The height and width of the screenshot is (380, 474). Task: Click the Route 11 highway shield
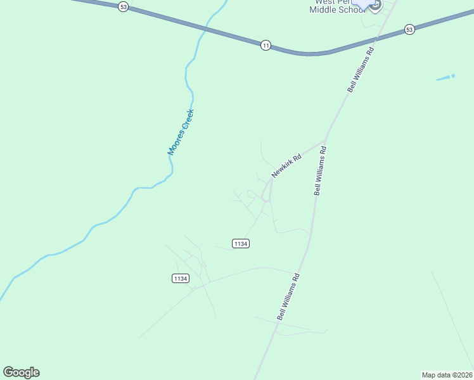266,45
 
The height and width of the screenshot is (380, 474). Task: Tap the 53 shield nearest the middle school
409,30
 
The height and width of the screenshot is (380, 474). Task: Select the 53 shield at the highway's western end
123,6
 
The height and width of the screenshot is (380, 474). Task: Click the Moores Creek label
181,132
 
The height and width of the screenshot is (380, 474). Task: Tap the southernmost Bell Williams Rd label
288,297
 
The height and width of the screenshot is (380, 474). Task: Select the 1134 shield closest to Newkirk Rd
241,244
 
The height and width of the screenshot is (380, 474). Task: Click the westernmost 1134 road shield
181,279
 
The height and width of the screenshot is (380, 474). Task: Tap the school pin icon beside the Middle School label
375,5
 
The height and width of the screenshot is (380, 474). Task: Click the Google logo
21,372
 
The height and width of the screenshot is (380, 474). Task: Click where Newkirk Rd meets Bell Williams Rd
325,141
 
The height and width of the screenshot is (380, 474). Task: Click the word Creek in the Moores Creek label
186,120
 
